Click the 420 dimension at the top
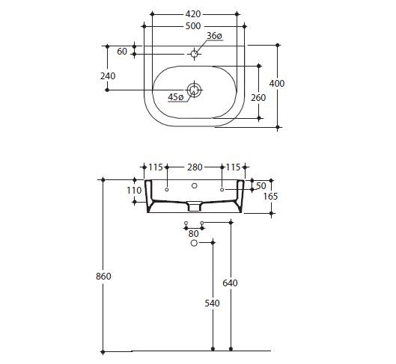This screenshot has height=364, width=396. (x=194, y=13)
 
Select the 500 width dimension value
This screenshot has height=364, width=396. (x=194, y=25)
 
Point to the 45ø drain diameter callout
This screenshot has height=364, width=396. (x=176, y=97)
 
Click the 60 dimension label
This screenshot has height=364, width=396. (x=122, y=51)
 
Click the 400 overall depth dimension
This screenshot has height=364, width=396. (x=277, y=83)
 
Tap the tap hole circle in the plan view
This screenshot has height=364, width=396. (x=194, y=53)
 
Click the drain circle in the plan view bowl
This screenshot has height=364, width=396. (x=195, y=90)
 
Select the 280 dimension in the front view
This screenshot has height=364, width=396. (x=194, y=167)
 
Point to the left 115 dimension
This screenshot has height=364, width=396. (x=155, y=167)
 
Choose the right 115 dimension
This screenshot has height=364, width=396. (x=233, y=167)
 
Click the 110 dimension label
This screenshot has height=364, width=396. (x=134, y=191)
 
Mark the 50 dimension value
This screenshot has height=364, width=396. (x=261, y=185)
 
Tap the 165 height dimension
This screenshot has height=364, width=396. (x=270, y=196)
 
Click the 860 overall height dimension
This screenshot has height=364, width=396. (x=103, y=277)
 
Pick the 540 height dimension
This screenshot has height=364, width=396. (x=213, y=303)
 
